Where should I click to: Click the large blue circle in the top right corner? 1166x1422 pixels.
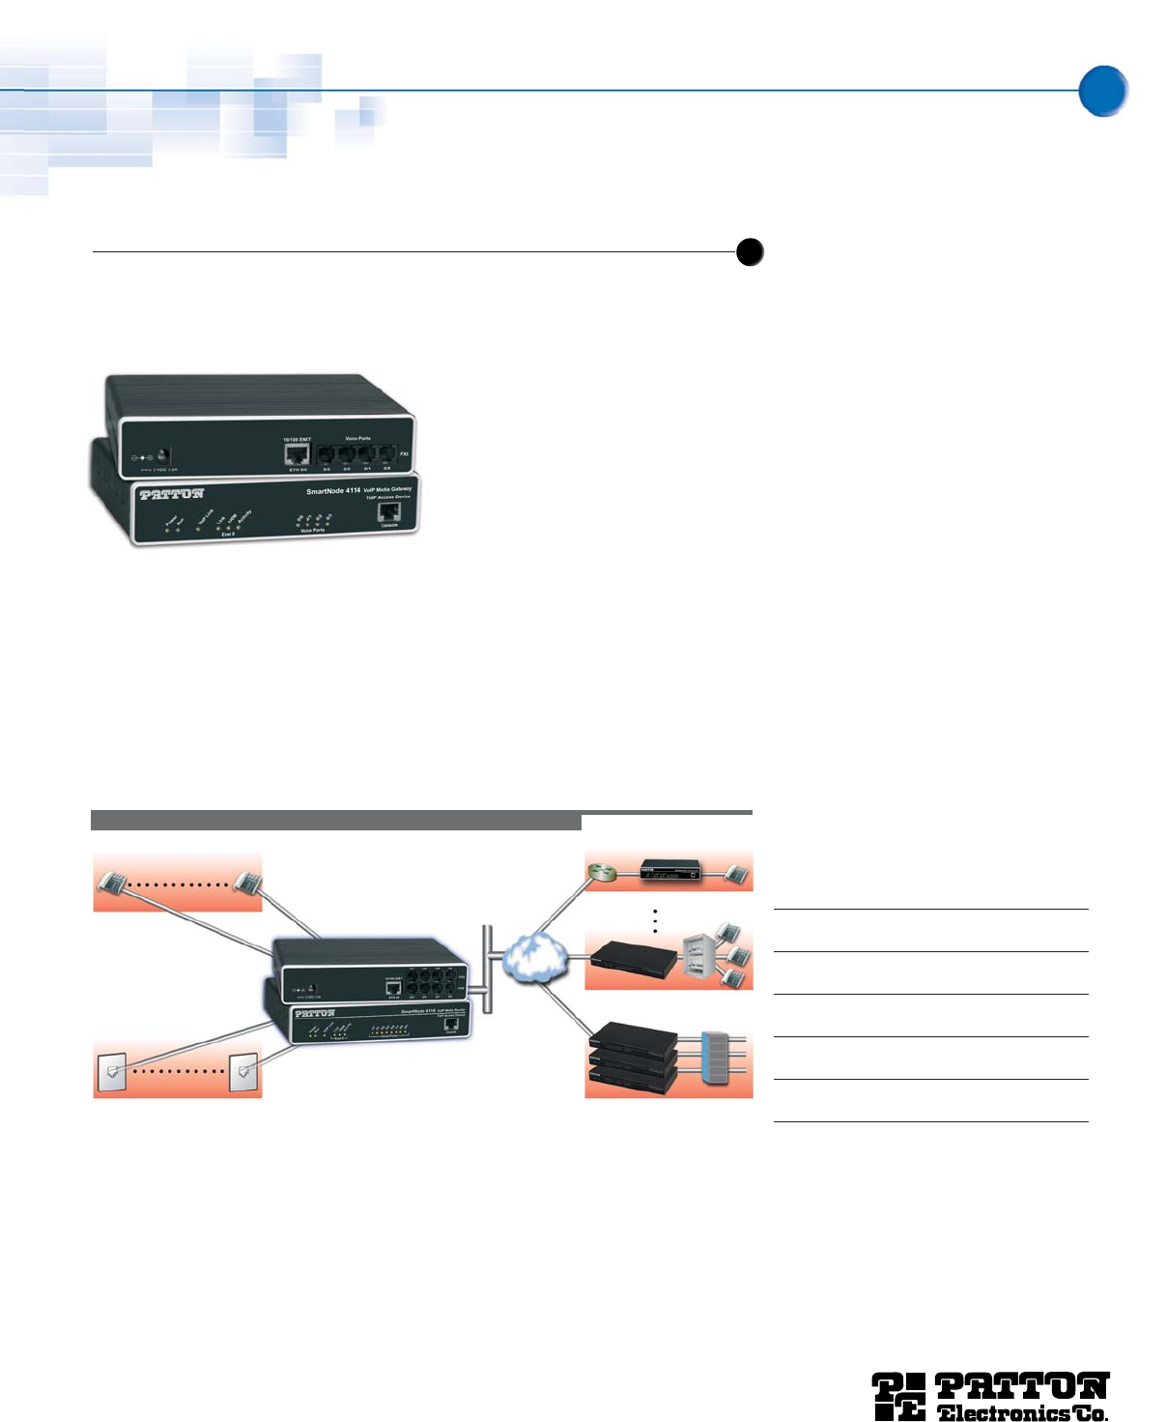1102,91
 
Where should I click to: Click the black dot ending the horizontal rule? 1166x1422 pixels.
750,251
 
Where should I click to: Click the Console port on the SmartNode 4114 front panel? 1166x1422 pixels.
389,512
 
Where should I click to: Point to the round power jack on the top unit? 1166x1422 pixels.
164,453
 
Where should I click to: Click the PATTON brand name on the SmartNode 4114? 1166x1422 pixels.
172,494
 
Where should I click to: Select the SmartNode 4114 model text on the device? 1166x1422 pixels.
333,491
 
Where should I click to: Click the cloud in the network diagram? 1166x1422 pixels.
530,958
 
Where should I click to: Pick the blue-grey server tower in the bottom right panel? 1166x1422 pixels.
718,1059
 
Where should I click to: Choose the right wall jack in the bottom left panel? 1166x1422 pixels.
242,1071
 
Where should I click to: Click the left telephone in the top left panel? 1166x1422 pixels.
115,883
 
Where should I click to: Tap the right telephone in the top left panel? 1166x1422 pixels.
246,883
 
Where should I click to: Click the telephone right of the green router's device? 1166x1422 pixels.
737,874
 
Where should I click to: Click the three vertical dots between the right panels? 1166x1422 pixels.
655,920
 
